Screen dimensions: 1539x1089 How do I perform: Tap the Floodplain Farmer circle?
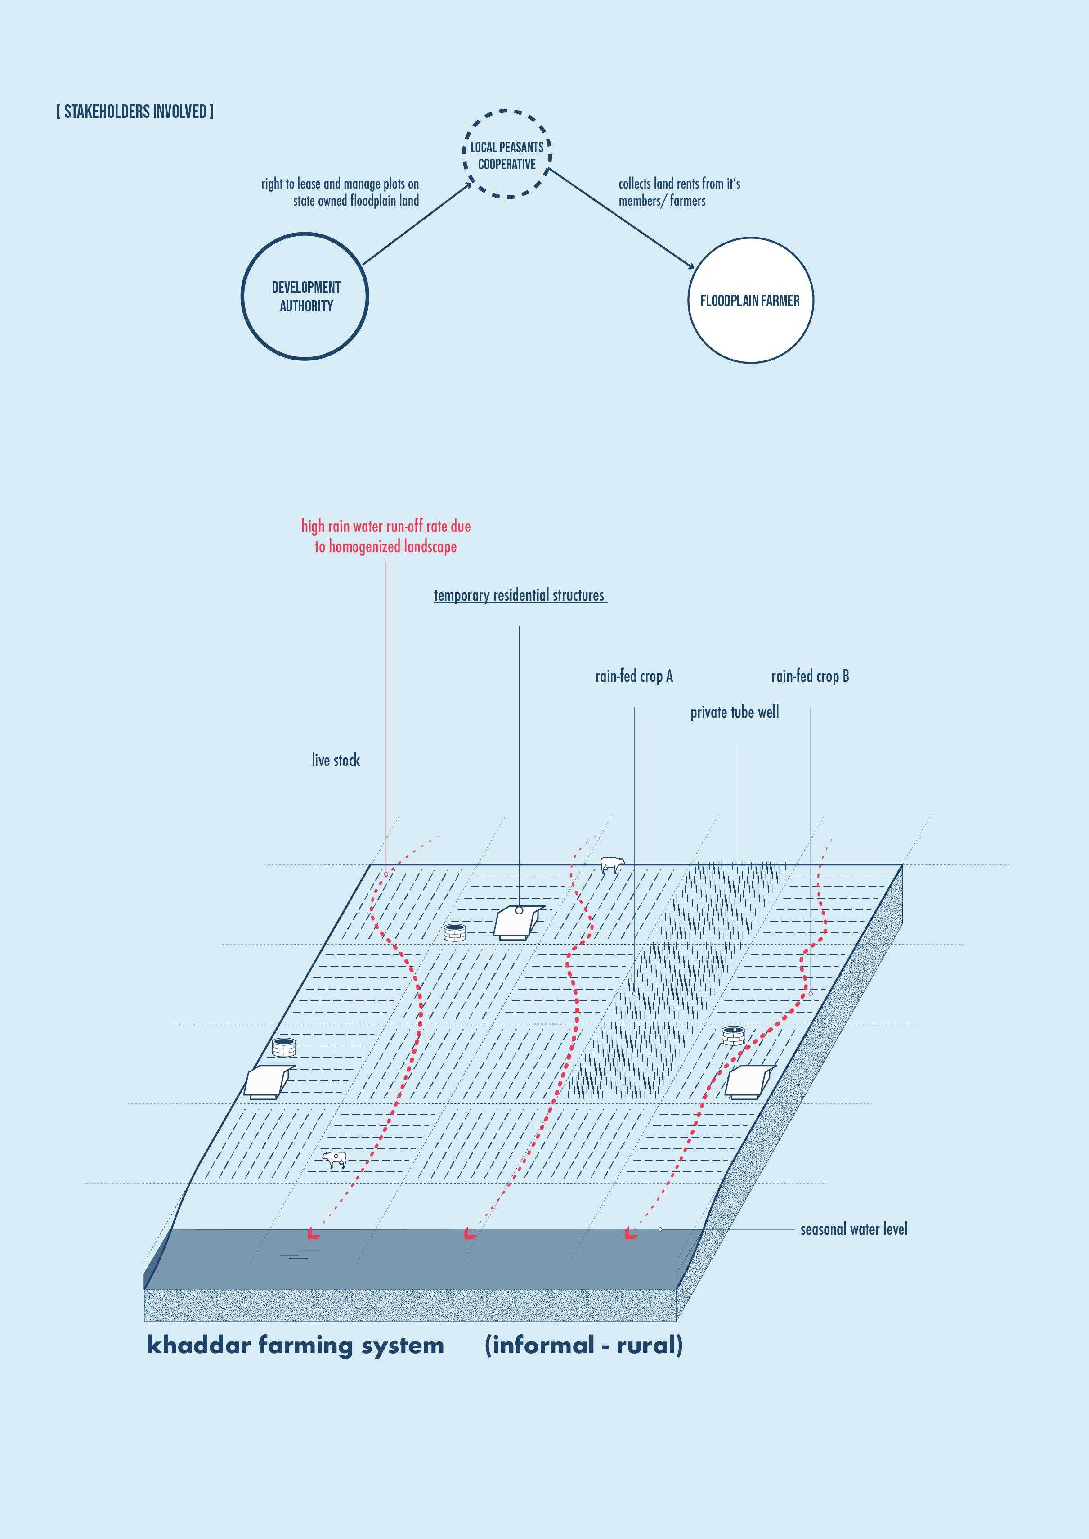(x=750, y=301)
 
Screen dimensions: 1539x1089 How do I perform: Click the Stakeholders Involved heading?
(x=135, y=111)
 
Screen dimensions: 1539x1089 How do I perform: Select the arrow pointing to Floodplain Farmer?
(x=622, y=219)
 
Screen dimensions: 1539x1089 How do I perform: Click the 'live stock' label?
(x=335, y=760)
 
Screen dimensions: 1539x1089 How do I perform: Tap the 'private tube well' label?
(x=734, y=712)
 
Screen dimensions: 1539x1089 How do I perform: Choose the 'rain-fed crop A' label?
(x=634, y=676)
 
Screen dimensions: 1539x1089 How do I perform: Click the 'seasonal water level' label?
(x=854, y=1229)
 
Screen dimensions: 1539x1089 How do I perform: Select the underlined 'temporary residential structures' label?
(x=519, y=595)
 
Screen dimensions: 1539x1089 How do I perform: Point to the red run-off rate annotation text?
(x=385, y=536)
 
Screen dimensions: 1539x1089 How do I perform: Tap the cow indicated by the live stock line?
(x=335, y=1159)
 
